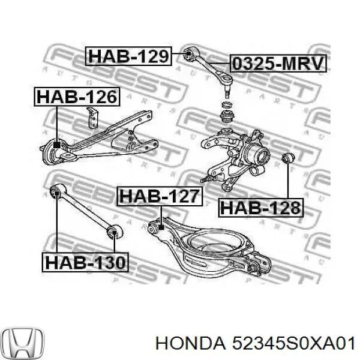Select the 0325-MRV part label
pos(277,63)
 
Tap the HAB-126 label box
pos(76,97)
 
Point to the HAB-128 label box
pos(261,208)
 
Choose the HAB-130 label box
pos(85,262)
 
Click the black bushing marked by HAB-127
pos(161,227)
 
